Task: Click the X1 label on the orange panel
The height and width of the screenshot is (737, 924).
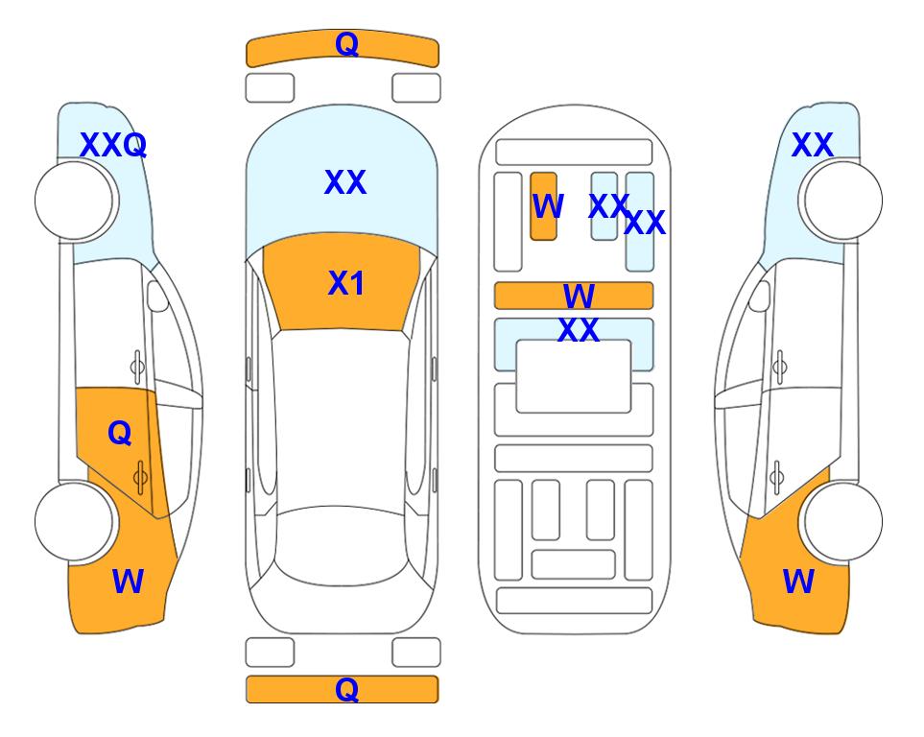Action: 345,283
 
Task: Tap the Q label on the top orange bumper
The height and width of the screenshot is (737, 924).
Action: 346,44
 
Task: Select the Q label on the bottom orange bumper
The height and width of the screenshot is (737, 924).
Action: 346,689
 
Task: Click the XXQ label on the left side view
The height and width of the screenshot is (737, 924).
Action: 113,145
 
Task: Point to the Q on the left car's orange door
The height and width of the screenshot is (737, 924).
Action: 120,434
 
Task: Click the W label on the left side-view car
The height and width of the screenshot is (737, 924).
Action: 128,582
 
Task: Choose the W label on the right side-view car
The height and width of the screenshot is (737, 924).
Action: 798,582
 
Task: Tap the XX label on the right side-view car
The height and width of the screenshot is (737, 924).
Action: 812,145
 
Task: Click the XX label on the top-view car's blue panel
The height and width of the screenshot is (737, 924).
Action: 345,182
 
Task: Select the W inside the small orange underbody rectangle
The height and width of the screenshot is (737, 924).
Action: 548,205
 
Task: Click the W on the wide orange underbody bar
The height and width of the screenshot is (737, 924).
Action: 579,296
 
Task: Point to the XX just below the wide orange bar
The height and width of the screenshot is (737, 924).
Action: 579,330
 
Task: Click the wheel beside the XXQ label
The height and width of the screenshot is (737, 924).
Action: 74,201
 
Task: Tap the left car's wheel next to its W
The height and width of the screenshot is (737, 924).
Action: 74,521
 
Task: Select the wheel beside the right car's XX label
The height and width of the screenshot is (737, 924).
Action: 843,201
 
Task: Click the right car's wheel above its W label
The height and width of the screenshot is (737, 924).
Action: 843,521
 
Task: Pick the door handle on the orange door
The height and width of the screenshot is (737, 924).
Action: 140,477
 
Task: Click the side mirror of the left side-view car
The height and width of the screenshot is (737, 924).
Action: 157,296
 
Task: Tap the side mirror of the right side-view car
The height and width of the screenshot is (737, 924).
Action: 760,296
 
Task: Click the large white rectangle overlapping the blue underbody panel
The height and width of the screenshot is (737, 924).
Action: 574,376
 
